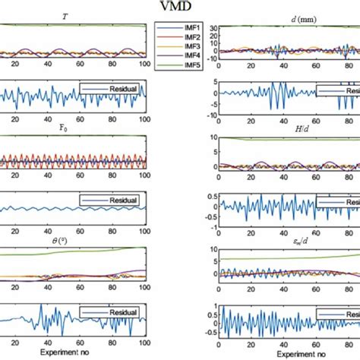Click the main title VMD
coord(179,8)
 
